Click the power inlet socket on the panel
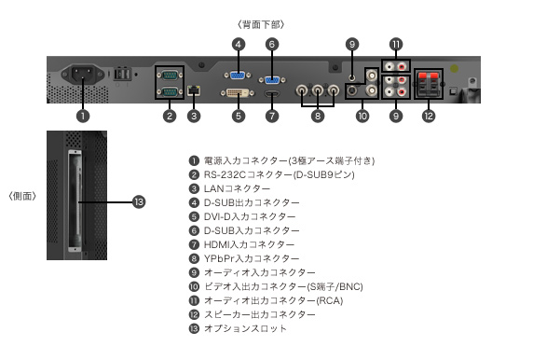click(83, 75)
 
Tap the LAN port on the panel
click(194, 90)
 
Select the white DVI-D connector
click(238, 93)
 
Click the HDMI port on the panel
click(272, 93)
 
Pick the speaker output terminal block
click(429, 84)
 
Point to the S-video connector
click(353, 90)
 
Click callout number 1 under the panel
click(83, 116)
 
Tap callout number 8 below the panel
click(318, 116)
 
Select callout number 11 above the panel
click(396, 44)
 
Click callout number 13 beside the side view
click(139, 202)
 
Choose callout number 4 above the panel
click(239, 44)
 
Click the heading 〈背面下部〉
click(261, 24)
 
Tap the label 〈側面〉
click(22, 196)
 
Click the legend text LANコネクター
click(237, 188)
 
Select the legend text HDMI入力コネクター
click(249, 244)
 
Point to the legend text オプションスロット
click(245, 328)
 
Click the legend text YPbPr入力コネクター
click(252, 258)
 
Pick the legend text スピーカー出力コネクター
click(259, 314)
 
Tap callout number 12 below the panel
click(429, 116)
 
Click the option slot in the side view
click(75, 201)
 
